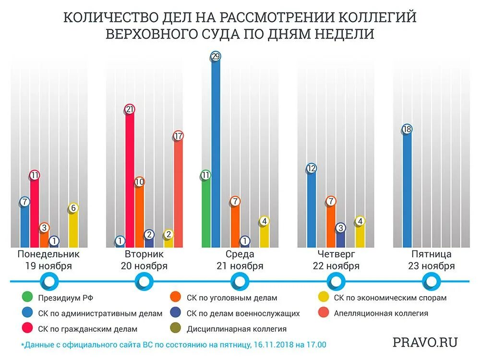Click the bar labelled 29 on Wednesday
(216, 154)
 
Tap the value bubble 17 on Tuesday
(178, 136)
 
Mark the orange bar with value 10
(139, 216)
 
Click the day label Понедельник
(48, 254)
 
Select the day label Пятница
(432, 254)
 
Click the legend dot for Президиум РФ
(28, 298)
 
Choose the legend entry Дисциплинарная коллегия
(236, 329)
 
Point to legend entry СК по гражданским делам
(87, 329)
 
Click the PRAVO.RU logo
(425, 342)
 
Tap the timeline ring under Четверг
(336, 280)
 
